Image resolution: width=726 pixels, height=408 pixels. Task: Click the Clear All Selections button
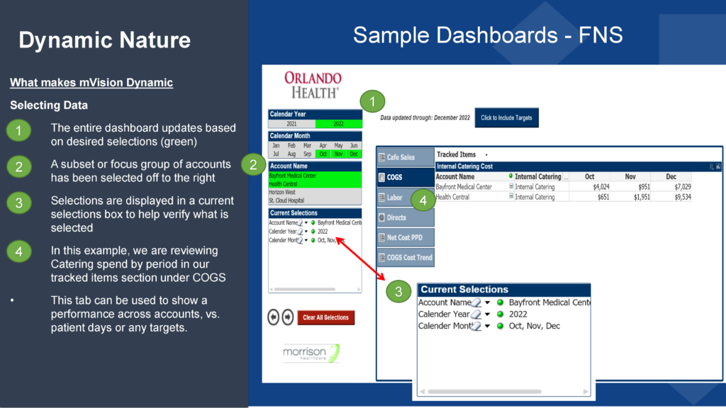click(x=325, y=317)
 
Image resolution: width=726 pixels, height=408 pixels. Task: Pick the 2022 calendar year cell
click(x=338, y=123)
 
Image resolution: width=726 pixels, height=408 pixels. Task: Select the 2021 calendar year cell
click(x=291, y=123)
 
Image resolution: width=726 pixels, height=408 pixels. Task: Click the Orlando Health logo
click(x=312, y=84)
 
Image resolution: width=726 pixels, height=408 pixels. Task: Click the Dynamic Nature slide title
click(x=104, y=40)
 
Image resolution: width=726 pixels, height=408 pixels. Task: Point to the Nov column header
click(x=630, y=176)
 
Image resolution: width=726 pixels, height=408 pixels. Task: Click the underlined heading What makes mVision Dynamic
click(x=91, y=83)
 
